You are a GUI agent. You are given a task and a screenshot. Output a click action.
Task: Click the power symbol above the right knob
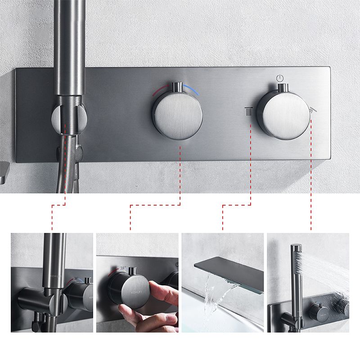tap(280, 77)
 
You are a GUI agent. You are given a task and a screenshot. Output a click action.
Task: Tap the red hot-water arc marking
tap(160, 88)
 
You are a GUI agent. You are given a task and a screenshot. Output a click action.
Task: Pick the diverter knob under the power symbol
tap(284, 113)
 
